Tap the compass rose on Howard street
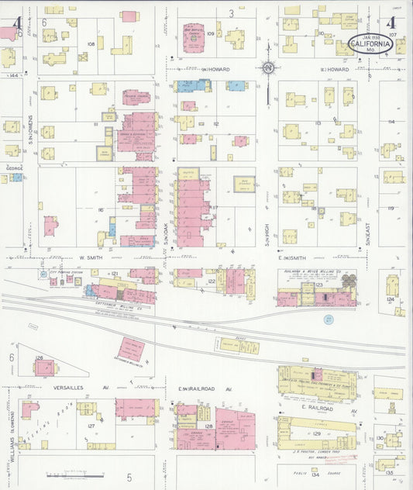tap(267, 68)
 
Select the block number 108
tap(91, 43)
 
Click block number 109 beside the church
tap(210, 33)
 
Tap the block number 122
tap(212, 281)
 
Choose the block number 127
tap(91, 426)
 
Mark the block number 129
tap(316, 433)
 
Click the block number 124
tap(391, 298)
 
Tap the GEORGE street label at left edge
tap(14, 167)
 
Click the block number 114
tap(391, 122)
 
